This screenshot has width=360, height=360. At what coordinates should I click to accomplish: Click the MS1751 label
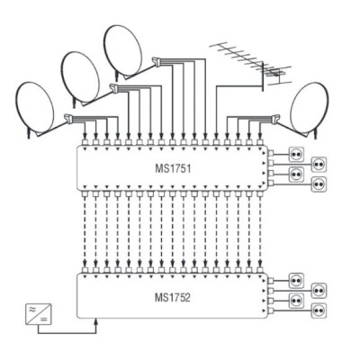(x=173, y=168)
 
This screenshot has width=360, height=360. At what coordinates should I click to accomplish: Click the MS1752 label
(x=173, y=298)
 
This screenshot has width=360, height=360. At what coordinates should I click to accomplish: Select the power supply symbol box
(x=38, y=314)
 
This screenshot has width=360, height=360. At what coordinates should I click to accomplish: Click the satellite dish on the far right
(x=310, y=108)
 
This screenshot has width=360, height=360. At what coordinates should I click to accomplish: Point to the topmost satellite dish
(x=123, y=51)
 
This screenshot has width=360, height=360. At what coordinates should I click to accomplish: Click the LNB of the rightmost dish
(x=275, y=119)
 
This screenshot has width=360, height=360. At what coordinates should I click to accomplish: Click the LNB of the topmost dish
(x=157, y=61)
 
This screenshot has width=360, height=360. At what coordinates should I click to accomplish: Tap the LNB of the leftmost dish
(x=68, y=119)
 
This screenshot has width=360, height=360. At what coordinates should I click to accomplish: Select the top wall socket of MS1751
(x=296, y=154)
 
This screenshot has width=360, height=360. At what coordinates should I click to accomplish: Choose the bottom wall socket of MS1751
(x=319, y=183)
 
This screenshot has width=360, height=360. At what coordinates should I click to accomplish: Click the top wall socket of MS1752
(x=296, y=281)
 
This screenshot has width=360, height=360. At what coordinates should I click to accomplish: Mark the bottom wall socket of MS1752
(x=319, y=310)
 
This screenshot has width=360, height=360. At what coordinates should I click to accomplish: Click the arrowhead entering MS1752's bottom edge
(x=96, y=321)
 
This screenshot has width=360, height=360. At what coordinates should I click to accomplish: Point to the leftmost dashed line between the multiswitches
(x=85, y=231)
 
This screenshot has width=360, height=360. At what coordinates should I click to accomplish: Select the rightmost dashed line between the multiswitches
(x=260, y=231)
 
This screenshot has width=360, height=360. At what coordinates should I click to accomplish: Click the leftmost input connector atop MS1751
(x=85, y=142)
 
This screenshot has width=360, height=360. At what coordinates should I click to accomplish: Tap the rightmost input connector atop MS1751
(x=260, y=142)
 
